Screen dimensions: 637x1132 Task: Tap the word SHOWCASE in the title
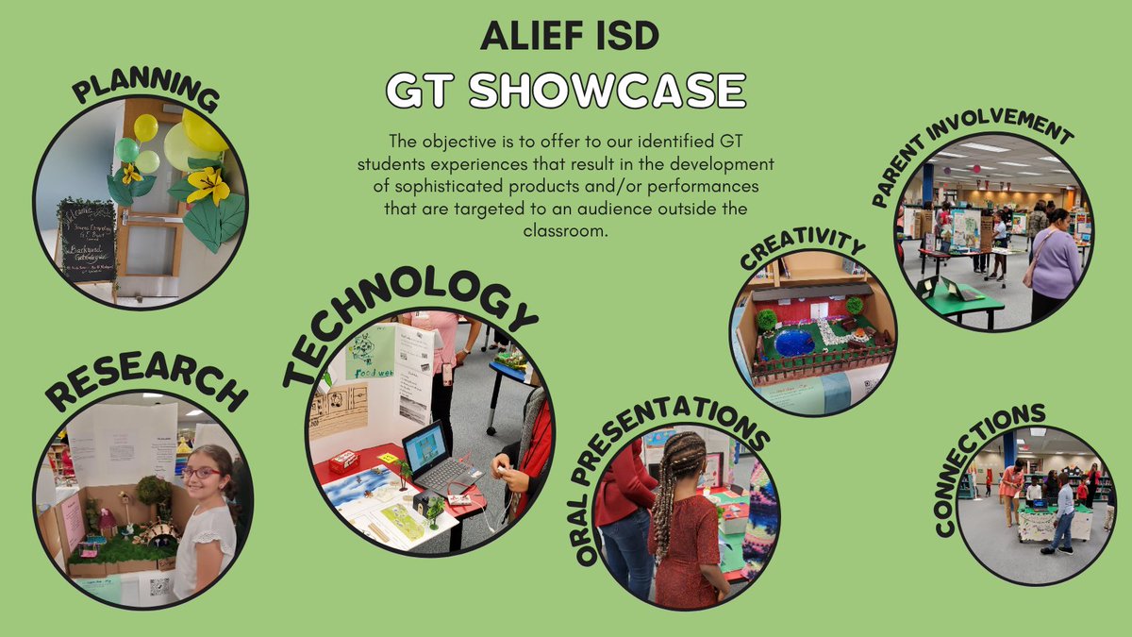click(608, 91)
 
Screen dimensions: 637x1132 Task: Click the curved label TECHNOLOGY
click(409, 321)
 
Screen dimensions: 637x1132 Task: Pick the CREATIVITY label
click(802, 250)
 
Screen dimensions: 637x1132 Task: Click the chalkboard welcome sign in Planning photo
click(87, 241)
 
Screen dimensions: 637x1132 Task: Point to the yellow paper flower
click(209, 184)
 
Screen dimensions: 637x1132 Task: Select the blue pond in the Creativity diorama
click(794, 342)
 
